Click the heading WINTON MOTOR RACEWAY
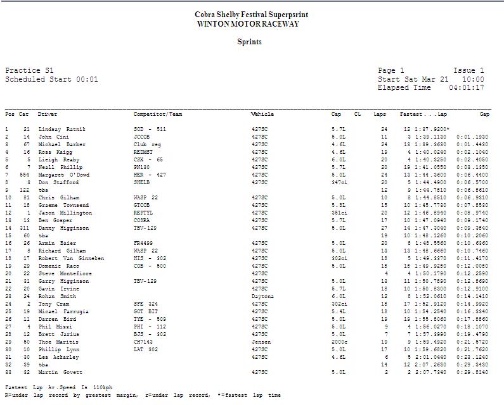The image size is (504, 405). tap(248, 24)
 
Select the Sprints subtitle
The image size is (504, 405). tap(249, 42)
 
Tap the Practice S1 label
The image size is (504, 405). tap(30, 71)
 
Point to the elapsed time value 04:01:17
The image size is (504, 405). tap(466, 88)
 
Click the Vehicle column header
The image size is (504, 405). tap(262, 115)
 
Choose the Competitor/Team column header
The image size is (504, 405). tap(157, 115)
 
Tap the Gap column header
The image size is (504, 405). tap(484, 115)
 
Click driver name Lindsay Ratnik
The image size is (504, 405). tap(61, 129)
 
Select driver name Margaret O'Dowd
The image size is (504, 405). tap(64, 175)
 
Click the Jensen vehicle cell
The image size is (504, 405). tap(261, 342)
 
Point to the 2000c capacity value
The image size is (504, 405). tap(339, 342)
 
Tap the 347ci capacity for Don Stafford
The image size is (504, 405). tap(339, 182)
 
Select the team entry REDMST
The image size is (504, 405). tap(144, 152)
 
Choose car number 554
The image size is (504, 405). tap(24, 175)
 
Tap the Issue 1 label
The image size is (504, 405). tap(468, 71)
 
